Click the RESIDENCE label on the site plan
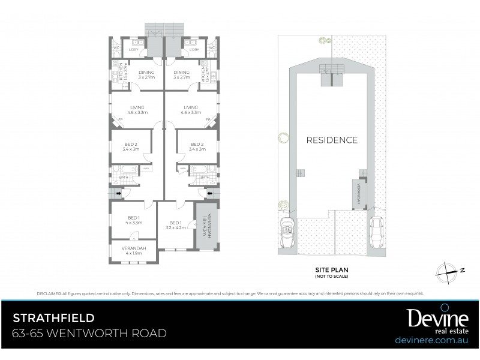point(332,140)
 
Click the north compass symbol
point(449,271)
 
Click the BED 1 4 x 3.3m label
point(134,220)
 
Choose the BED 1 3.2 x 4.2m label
point(175,224)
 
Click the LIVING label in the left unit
point(134,109)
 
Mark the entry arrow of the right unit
point(209,194)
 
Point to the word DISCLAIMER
point(48,293)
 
